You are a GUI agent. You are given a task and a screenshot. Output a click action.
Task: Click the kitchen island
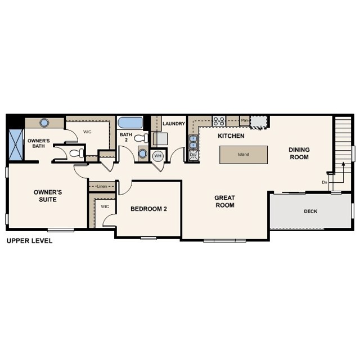point(243,155)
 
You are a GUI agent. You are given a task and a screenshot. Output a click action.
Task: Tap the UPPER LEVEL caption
point(29,240)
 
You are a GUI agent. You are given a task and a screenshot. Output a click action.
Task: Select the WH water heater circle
point(157,155)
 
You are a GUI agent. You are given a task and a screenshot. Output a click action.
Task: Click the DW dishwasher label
point(193,155)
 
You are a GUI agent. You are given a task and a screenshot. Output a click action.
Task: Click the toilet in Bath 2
point(141,137)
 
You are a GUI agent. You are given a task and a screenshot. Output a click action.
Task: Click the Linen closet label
point(102,186)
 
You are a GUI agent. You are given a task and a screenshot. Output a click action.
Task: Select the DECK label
point(310,212)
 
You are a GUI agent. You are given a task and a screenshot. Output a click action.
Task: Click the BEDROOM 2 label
point(148,209)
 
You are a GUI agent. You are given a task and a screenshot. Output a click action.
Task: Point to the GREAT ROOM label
point(224,201)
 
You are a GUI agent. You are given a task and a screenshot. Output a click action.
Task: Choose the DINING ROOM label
point(299,153)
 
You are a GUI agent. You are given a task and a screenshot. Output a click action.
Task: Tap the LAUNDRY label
point(173,124)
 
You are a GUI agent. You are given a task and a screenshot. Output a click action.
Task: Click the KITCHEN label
point(231,136)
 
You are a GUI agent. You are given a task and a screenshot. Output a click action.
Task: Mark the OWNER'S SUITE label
point(48,195)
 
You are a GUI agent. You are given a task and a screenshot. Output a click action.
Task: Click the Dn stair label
point(325,182)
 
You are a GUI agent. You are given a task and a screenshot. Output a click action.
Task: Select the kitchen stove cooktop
point(219,120)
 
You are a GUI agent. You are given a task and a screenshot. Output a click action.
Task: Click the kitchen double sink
point(192,141)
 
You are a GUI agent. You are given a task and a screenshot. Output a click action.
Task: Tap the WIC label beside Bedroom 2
point(105,206)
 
